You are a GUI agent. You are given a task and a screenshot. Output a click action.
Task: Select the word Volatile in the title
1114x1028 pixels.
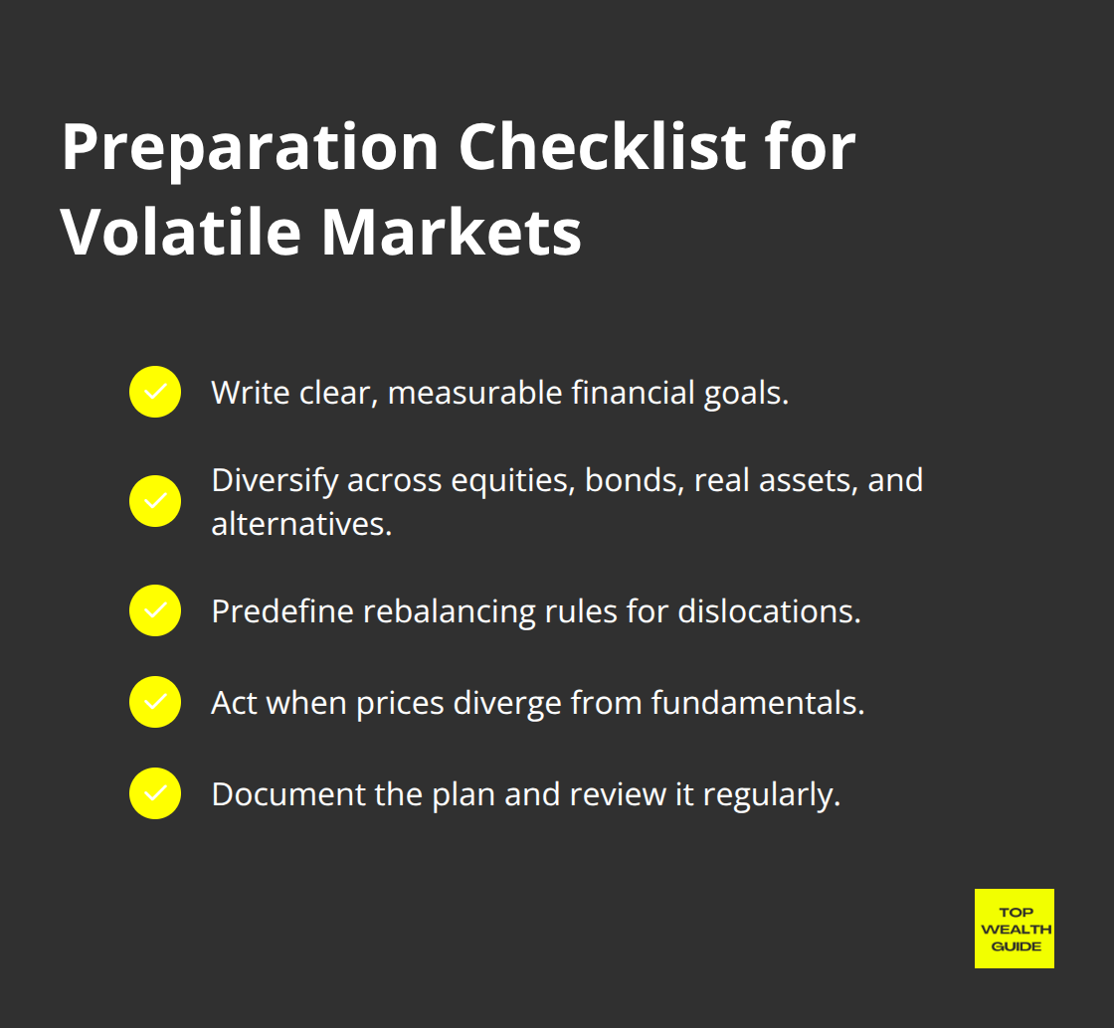point(180,235)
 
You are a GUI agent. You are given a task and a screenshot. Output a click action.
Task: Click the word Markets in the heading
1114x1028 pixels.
point(451,235)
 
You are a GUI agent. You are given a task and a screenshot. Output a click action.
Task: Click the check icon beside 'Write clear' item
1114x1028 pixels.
point(155,392)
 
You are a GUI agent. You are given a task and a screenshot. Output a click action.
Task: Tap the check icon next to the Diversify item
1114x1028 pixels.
point(155,501)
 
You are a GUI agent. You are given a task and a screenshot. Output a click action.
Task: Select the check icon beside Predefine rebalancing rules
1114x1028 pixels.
point(155,610)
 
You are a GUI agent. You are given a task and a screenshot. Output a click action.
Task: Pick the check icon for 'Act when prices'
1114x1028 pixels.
point(155,702)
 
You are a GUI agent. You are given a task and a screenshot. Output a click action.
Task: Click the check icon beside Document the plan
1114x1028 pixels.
point(155,793)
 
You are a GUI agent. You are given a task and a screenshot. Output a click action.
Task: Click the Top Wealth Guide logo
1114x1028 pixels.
point(1014,929)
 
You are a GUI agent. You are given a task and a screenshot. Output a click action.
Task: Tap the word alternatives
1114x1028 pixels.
point(300,524)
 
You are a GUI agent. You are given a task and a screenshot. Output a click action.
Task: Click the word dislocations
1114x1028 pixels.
point(769,611)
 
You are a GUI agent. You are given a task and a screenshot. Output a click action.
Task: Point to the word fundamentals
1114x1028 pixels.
point(757,703)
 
